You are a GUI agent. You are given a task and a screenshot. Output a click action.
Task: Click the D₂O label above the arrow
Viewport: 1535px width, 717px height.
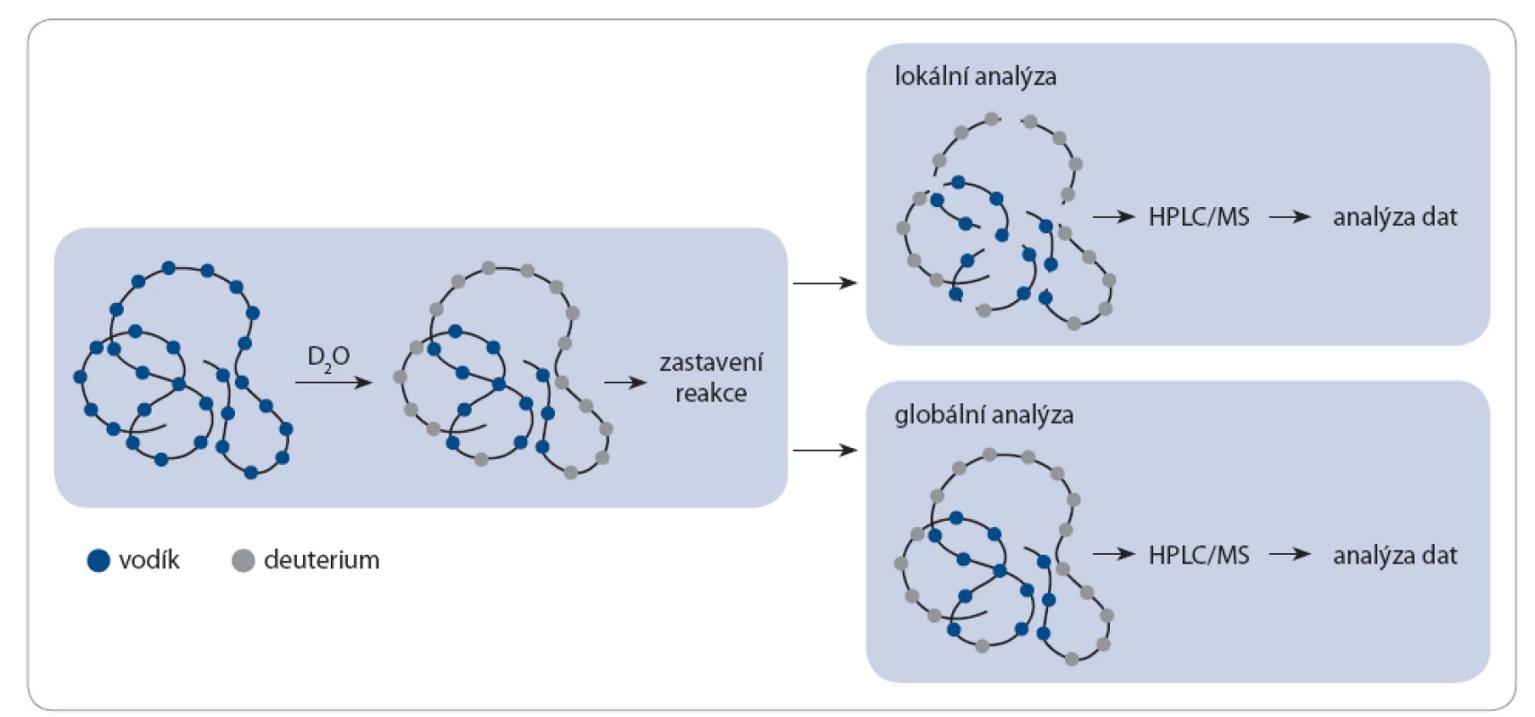(x=329, y=358)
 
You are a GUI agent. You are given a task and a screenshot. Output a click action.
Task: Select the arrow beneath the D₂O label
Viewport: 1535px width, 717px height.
(x=333, y=382)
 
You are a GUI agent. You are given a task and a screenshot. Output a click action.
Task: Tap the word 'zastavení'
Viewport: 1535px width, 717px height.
(x=711, y=362)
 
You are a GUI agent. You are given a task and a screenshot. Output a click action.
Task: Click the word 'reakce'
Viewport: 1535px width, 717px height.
(x=711, y=393)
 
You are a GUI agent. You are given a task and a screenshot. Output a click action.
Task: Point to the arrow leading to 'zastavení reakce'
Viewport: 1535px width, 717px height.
(x=625, y=382)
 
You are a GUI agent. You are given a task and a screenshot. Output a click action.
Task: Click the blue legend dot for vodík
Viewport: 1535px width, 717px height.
(x=99, y=560)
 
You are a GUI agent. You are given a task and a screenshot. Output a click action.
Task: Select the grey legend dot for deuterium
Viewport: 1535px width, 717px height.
(x=243, y=560)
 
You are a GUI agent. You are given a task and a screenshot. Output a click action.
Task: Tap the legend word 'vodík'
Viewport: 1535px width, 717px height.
(x=150, y=560)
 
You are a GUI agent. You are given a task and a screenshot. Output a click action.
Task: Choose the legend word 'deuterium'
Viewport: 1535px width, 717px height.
(x=322, y=560)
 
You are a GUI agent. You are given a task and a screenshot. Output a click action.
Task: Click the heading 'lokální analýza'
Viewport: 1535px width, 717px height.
(x=976, y=76)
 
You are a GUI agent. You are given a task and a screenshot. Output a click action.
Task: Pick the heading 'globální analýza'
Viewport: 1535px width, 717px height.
(x=984, y=415)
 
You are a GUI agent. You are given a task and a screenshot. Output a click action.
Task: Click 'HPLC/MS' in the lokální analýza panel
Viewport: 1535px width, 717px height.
(x=1200, y=217)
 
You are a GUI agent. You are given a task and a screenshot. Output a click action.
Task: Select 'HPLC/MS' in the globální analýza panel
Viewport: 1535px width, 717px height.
(x=1200, y=555)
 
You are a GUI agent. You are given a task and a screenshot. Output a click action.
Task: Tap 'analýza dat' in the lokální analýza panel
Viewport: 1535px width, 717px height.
(x=1395, y=217)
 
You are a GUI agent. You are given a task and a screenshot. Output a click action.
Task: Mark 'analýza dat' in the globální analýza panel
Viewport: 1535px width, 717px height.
(x=1395, y=555)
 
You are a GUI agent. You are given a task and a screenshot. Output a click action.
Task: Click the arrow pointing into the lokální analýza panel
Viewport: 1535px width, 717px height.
(x=825, y=282)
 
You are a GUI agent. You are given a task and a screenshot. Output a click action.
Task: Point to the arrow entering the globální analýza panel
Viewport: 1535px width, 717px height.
(x=825, y=450)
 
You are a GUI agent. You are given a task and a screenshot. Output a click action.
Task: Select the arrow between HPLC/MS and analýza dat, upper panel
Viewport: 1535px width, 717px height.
(x=1289, y=217)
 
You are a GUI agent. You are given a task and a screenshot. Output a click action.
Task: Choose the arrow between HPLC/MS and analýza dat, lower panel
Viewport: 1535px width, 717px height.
(x=1289, y=554)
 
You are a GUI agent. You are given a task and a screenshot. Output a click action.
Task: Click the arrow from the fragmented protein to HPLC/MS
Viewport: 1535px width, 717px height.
(x=1114, y=217)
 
